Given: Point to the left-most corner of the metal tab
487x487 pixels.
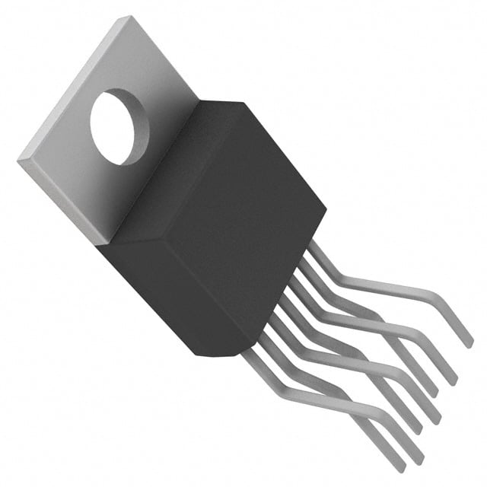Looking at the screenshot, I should coord(18,161).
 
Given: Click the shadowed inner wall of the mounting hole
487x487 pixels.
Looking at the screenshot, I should coord(103,114).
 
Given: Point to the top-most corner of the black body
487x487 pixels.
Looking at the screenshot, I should coord(242,101).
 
